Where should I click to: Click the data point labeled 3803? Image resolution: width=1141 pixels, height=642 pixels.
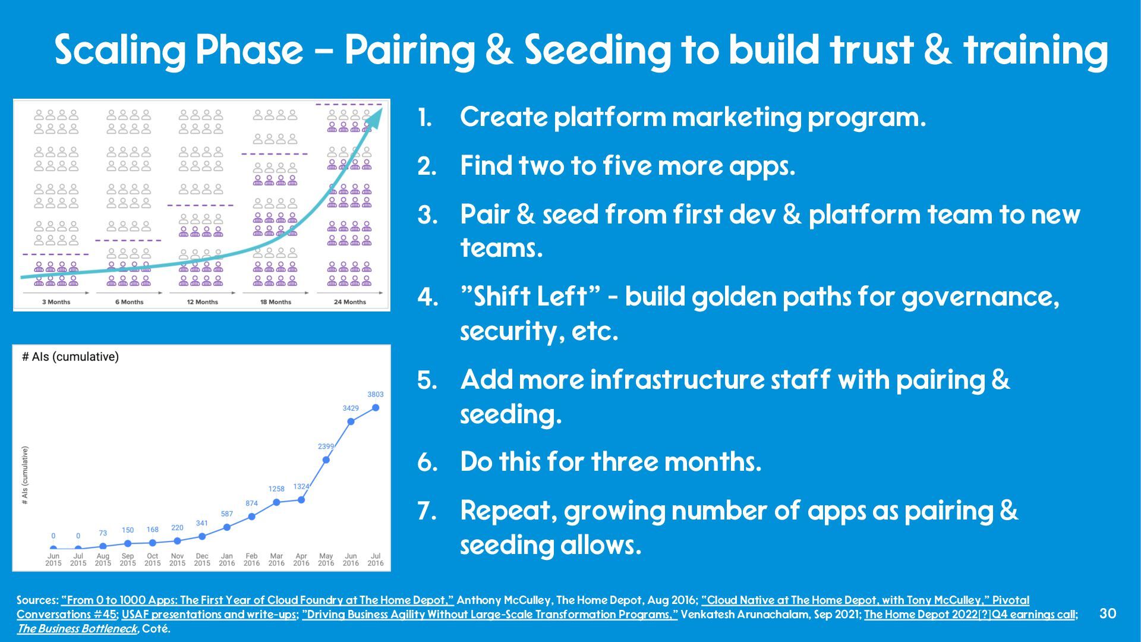click(x=376, y=408)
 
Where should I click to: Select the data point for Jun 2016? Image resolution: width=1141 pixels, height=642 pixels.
click(x=351, y=421)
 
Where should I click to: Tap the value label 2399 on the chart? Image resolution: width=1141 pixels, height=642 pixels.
click(x=326, y=446)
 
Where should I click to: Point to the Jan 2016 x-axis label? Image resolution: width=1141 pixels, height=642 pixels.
click(x=227, y=559)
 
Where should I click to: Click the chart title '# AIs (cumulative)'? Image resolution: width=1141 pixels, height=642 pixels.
click(x=70, y=357)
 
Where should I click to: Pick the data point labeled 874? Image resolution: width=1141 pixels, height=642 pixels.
click(x=252, y=517)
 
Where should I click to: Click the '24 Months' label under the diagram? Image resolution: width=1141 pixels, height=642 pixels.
click(x=350, y=302)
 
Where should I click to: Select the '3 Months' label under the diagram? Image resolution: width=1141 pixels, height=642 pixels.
click(x=56, y=302)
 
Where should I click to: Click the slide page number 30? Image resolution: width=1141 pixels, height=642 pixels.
click(x=1108, y=613)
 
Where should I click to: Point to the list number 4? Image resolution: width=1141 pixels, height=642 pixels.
click(x=427, y=297)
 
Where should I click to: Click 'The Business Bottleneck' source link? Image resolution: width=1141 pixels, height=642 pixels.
click(x=77, y=628)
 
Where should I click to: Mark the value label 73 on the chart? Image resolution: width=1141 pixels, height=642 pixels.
click(x=103, y=533)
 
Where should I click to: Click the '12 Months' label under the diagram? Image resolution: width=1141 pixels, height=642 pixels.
click(x=203, y=302)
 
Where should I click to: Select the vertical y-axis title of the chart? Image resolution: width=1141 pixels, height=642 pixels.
click(x=25, y=476)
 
